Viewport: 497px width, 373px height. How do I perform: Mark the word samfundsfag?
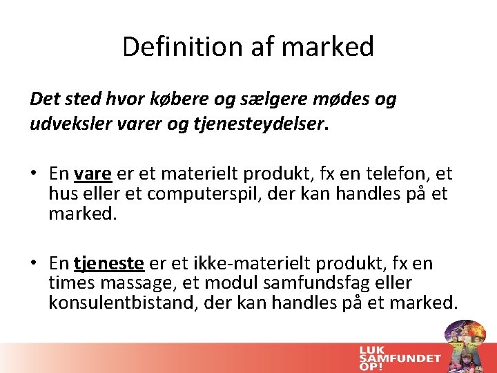click(311, 283)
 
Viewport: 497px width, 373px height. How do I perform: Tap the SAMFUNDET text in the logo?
click(400, 357)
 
